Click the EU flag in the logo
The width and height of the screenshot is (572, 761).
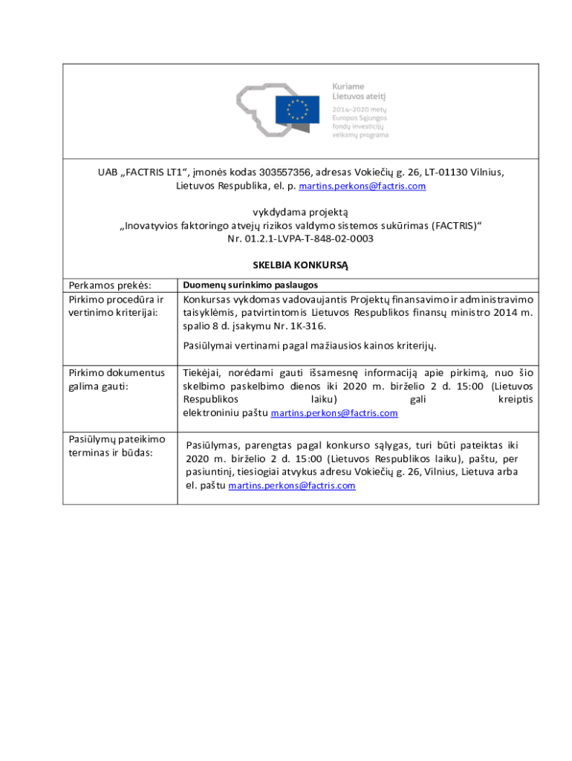(298, 110)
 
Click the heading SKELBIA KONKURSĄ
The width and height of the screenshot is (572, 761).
(300, 265)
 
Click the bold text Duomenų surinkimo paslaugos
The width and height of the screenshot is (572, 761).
(250, 285)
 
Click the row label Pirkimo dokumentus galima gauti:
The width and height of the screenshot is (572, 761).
(116, 379)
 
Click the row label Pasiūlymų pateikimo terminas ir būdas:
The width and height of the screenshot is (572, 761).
(116, 446)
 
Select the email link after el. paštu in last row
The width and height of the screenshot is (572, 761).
(291, 486)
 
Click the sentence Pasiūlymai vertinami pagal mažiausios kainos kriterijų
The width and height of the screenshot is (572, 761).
(309, 346)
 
